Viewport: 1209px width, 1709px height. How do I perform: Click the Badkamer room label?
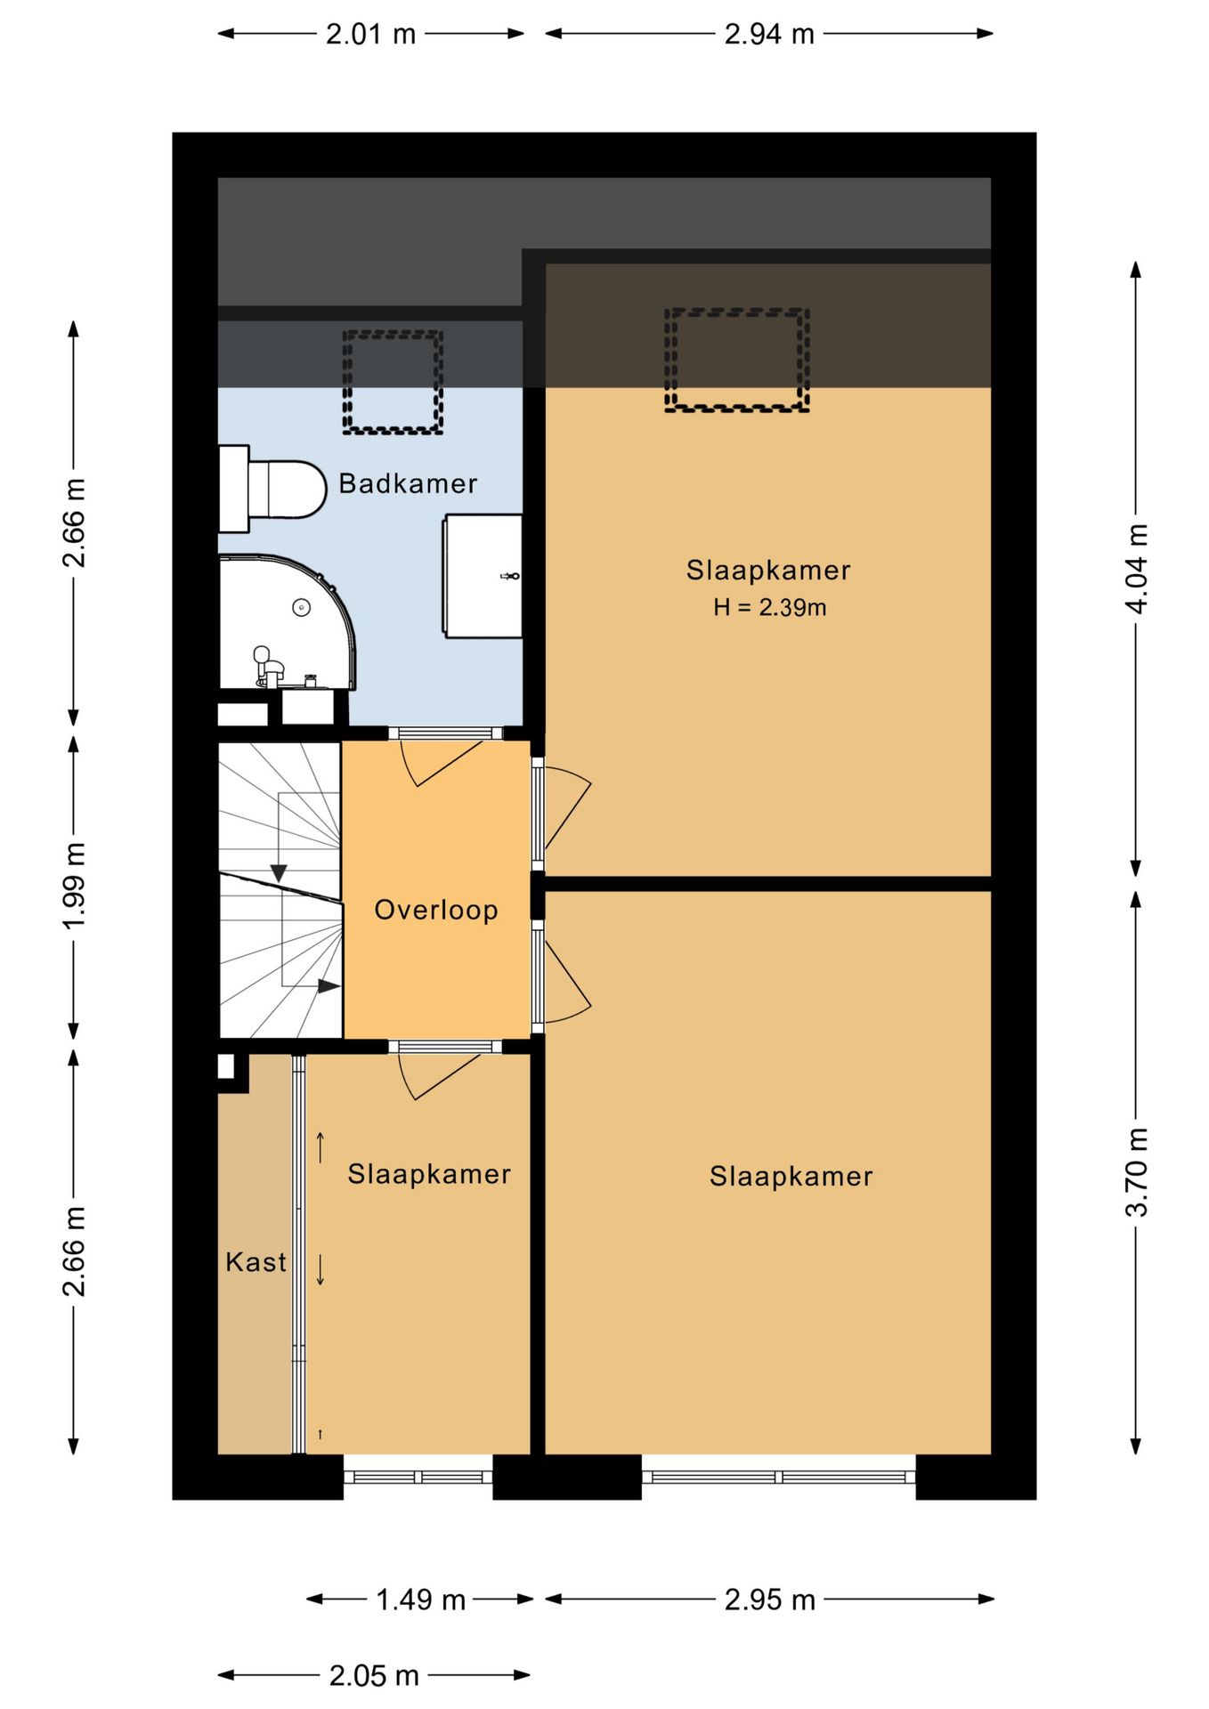click(408, 483)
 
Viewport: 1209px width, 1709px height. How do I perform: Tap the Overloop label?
click(435, 910)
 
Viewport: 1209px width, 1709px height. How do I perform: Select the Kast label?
click(256, 1261)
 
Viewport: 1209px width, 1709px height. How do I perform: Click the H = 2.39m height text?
click(769, 607)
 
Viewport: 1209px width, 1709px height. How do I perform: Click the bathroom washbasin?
click(483, 575)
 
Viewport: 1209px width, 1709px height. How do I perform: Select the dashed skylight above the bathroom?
click(393, 383)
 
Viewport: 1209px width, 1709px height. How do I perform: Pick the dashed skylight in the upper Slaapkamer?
click(736, 360)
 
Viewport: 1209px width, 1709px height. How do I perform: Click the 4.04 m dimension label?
click(1136, 569)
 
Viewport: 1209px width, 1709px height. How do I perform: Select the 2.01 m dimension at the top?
click(371, 34)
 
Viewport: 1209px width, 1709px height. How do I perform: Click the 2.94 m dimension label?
click(769, 34)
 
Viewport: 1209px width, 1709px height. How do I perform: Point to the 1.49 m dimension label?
click(420, 1600)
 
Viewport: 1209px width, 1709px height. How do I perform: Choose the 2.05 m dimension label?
click(374, 1676)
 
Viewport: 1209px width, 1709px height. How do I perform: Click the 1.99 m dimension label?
click(74, 886)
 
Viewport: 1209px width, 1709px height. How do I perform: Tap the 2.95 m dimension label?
click(769, 1600)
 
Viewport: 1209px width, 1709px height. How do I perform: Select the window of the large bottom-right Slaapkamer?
click(779, 1477)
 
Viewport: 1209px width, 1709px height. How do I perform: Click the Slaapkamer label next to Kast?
click(429, 1174)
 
